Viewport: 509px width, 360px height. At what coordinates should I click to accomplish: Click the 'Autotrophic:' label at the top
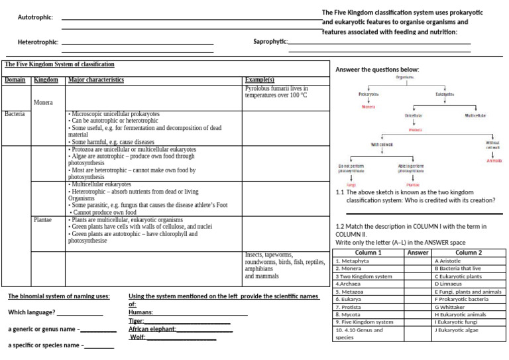click(x=35, y=17)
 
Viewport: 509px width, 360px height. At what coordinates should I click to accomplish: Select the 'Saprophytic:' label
click(x=270, y=42)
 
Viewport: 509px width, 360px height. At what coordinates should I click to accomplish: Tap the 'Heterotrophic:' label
click(x=38, y=42)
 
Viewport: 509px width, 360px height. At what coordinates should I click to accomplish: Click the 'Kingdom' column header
click(x=46, y=80)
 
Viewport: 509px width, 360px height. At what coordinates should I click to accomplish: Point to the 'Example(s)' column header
click(x=260, y=80)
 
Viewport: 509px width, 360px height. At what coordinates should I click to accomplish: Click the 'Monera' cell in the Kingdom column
click(x=43, y=103)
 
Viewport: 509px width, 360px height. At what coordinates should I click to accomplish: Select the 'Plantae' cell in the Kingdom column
click(x=44, y=219)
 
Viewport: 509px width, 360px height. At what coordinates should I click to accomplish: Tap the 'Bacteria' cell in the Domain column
click(x=14, y=114)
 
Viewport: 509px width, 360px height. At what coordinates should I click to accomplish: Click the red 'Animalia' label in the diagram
click(x=494, y=160)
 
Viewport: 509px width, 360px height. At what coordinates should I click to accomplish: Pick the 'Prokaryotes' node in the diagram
click(x=369, y=94)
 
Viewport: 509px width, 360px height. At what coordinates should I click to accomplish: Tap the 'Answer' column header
click(x=418, y=253)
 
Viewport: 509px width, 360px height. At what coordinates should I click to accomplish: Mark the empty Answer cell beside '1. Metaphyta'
click(x=418, y=261)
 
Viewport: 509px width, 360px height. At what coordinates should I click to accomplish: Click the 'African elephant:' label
click(x=152, y=329)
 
